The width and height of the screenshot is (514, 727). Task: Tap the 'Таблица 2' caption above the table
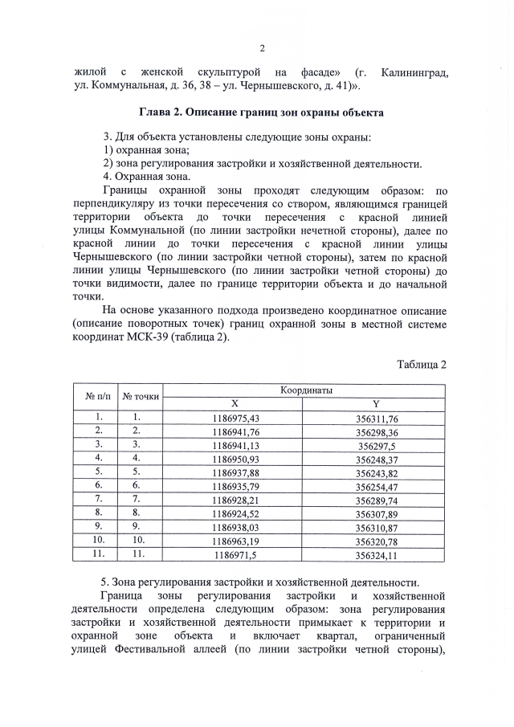point(421,364)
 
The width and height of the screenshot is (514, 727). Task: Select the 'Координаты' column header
point(306,390)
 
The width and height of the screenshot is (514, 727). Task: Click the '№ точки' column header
point(141,397)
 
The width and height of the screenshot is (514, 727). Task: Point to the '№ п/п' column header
point(96,397)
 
